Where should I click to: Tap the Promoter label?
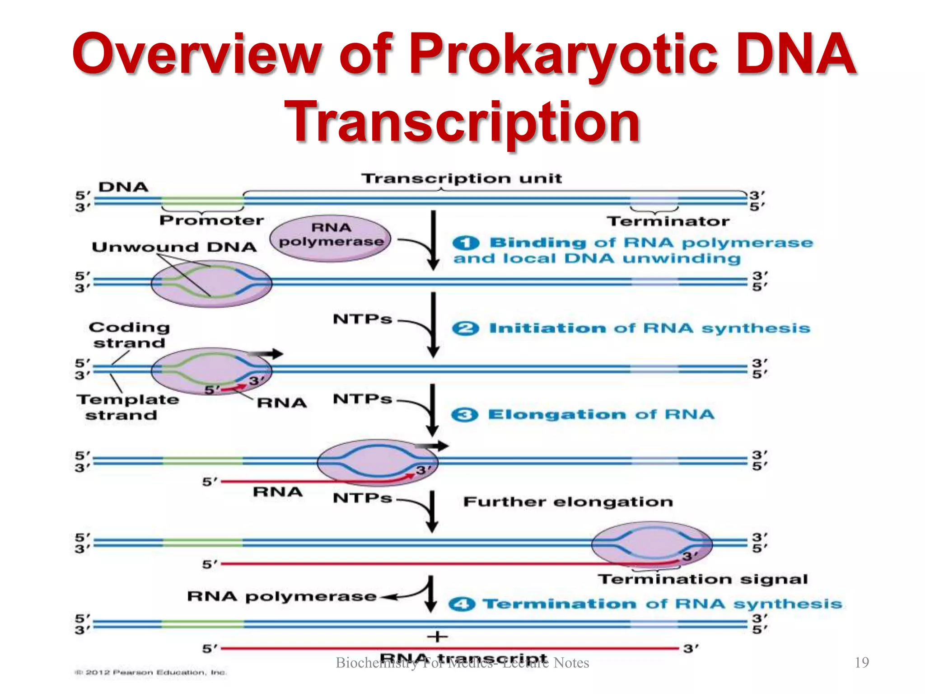[x=211, y=220]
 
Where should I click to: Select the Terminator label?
[x=668, y=221]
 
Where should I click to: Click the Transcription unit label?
[x=462, y=178]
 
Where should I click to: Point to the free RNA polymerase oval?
[x=331, y=238]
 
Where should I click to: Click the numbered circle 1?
[x=465, y=243]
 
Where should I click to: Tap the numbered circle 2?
[x=465, y=328]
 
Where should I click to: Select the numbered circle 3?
[x=464, y=415]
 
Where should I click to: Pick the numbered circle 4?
[x=462, y=604]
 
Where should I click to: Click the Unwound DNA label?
[x=174, y=247]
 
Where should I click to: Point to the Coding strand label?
[x=129, y=335]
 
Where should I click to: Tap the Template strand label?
[x=127, y=407]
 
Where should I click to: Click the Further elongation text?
[x=568, y=502]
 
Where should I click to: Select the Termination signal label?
[x=703, y=579]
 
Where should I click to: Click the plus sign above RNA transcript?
[x=437, y=637]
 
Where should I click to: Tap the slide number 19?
[x=862, y=662]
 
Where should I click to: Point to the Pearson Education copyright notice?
[x=151, y=673]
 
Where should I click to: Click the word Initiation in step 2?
[x=547, y=328]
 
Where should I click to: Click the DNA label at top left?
[x=123, y=187]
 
